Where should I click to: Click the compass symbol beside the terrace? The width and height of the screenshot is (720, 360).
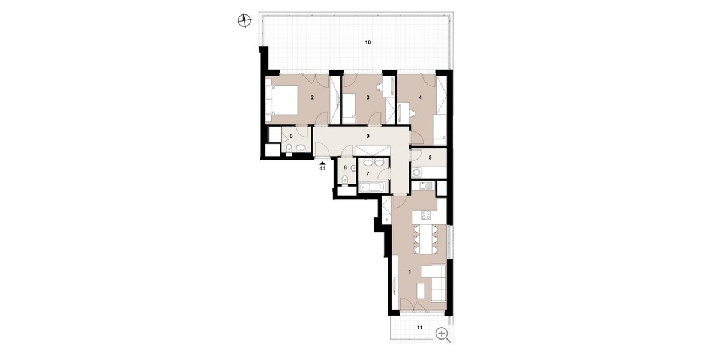(244, 21)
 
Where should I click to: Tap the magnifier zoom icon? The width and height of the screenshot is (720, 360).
(443, 334)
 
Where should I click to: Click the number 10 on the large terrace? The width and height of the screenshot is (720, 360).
(368, 43)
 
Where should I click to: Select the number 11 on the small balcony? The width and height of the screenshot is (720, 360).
(419, 328)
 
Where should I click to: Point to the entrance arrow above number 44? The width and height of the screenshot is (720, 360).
(322, 164)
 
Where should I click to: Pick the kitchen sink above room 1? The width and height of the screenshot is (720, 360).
(426, 186)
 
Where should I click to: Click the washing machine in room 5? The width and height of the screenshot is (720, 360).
(417, 173)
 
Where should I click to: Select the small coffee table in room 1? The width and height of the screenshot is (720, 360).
(421, 290)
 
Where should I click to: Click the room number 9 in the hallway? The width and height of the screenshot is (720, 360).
(368, 136)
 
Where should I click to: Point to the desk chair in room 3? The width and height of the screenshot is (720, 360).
(380, 87)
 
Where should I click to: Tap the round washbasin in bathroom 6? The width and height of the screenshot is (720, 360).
(76, 148)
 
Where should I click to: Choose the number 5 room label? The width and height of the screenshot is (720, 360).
(430, 157)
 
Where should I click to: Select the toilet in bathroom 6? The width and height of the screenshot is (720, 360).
(64, 149)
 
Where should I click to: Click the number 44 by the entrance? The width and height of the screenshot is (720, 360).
(322, 168)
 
